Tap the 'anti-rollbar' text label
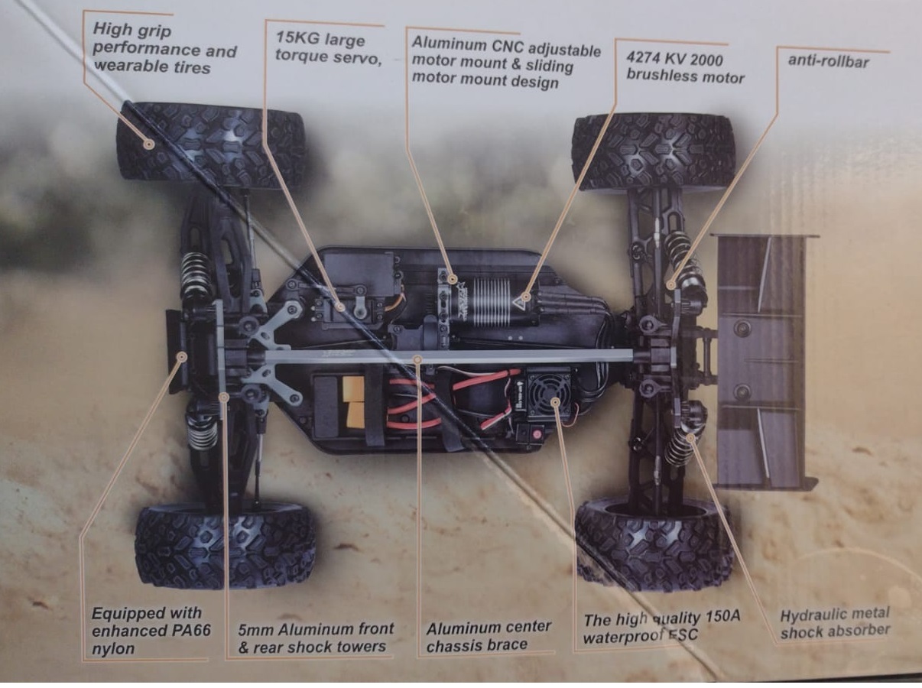click(828, 61)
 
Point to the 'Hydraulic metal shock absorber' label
click(835, 623)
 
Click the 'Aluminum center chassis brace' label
click(488, 636)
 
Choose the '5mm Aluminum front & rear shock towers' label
click(316, 638)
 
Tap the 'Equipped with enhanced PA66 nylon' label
click(151, 631)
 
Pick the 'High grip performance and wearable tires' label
click(164, 48)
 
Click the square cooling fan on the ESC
click(550, 391)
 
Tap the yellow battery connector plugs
click(354, 402)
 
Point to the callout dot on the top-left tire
click(148, 144)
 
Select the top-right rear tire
click(654, 152)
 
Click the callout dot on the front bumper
click(182, 356)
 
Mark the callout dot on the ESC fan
click(555, 402)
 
